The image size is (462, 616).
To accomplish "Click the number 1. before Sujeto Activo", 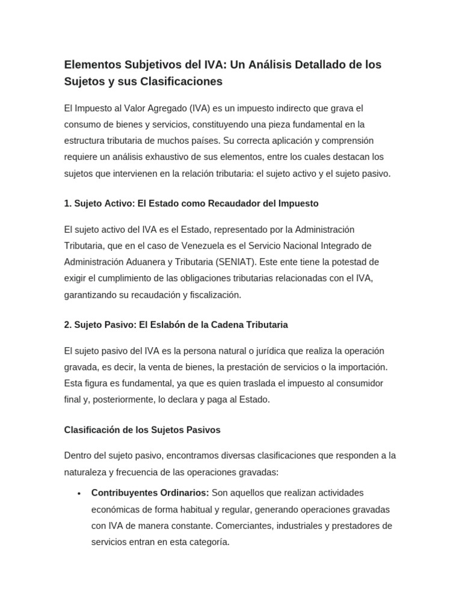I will click(68, 203).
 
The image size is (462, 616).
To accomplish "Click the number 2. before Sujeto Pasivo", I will click(68, 325).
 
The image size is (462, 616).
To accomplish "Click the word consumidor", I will click(349, 383).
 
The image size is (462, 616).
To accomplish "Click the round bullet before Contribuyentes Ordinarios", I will click(79, 493).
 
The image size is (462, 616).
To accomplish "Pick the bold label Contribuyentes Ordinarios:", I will click(150, 493).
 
